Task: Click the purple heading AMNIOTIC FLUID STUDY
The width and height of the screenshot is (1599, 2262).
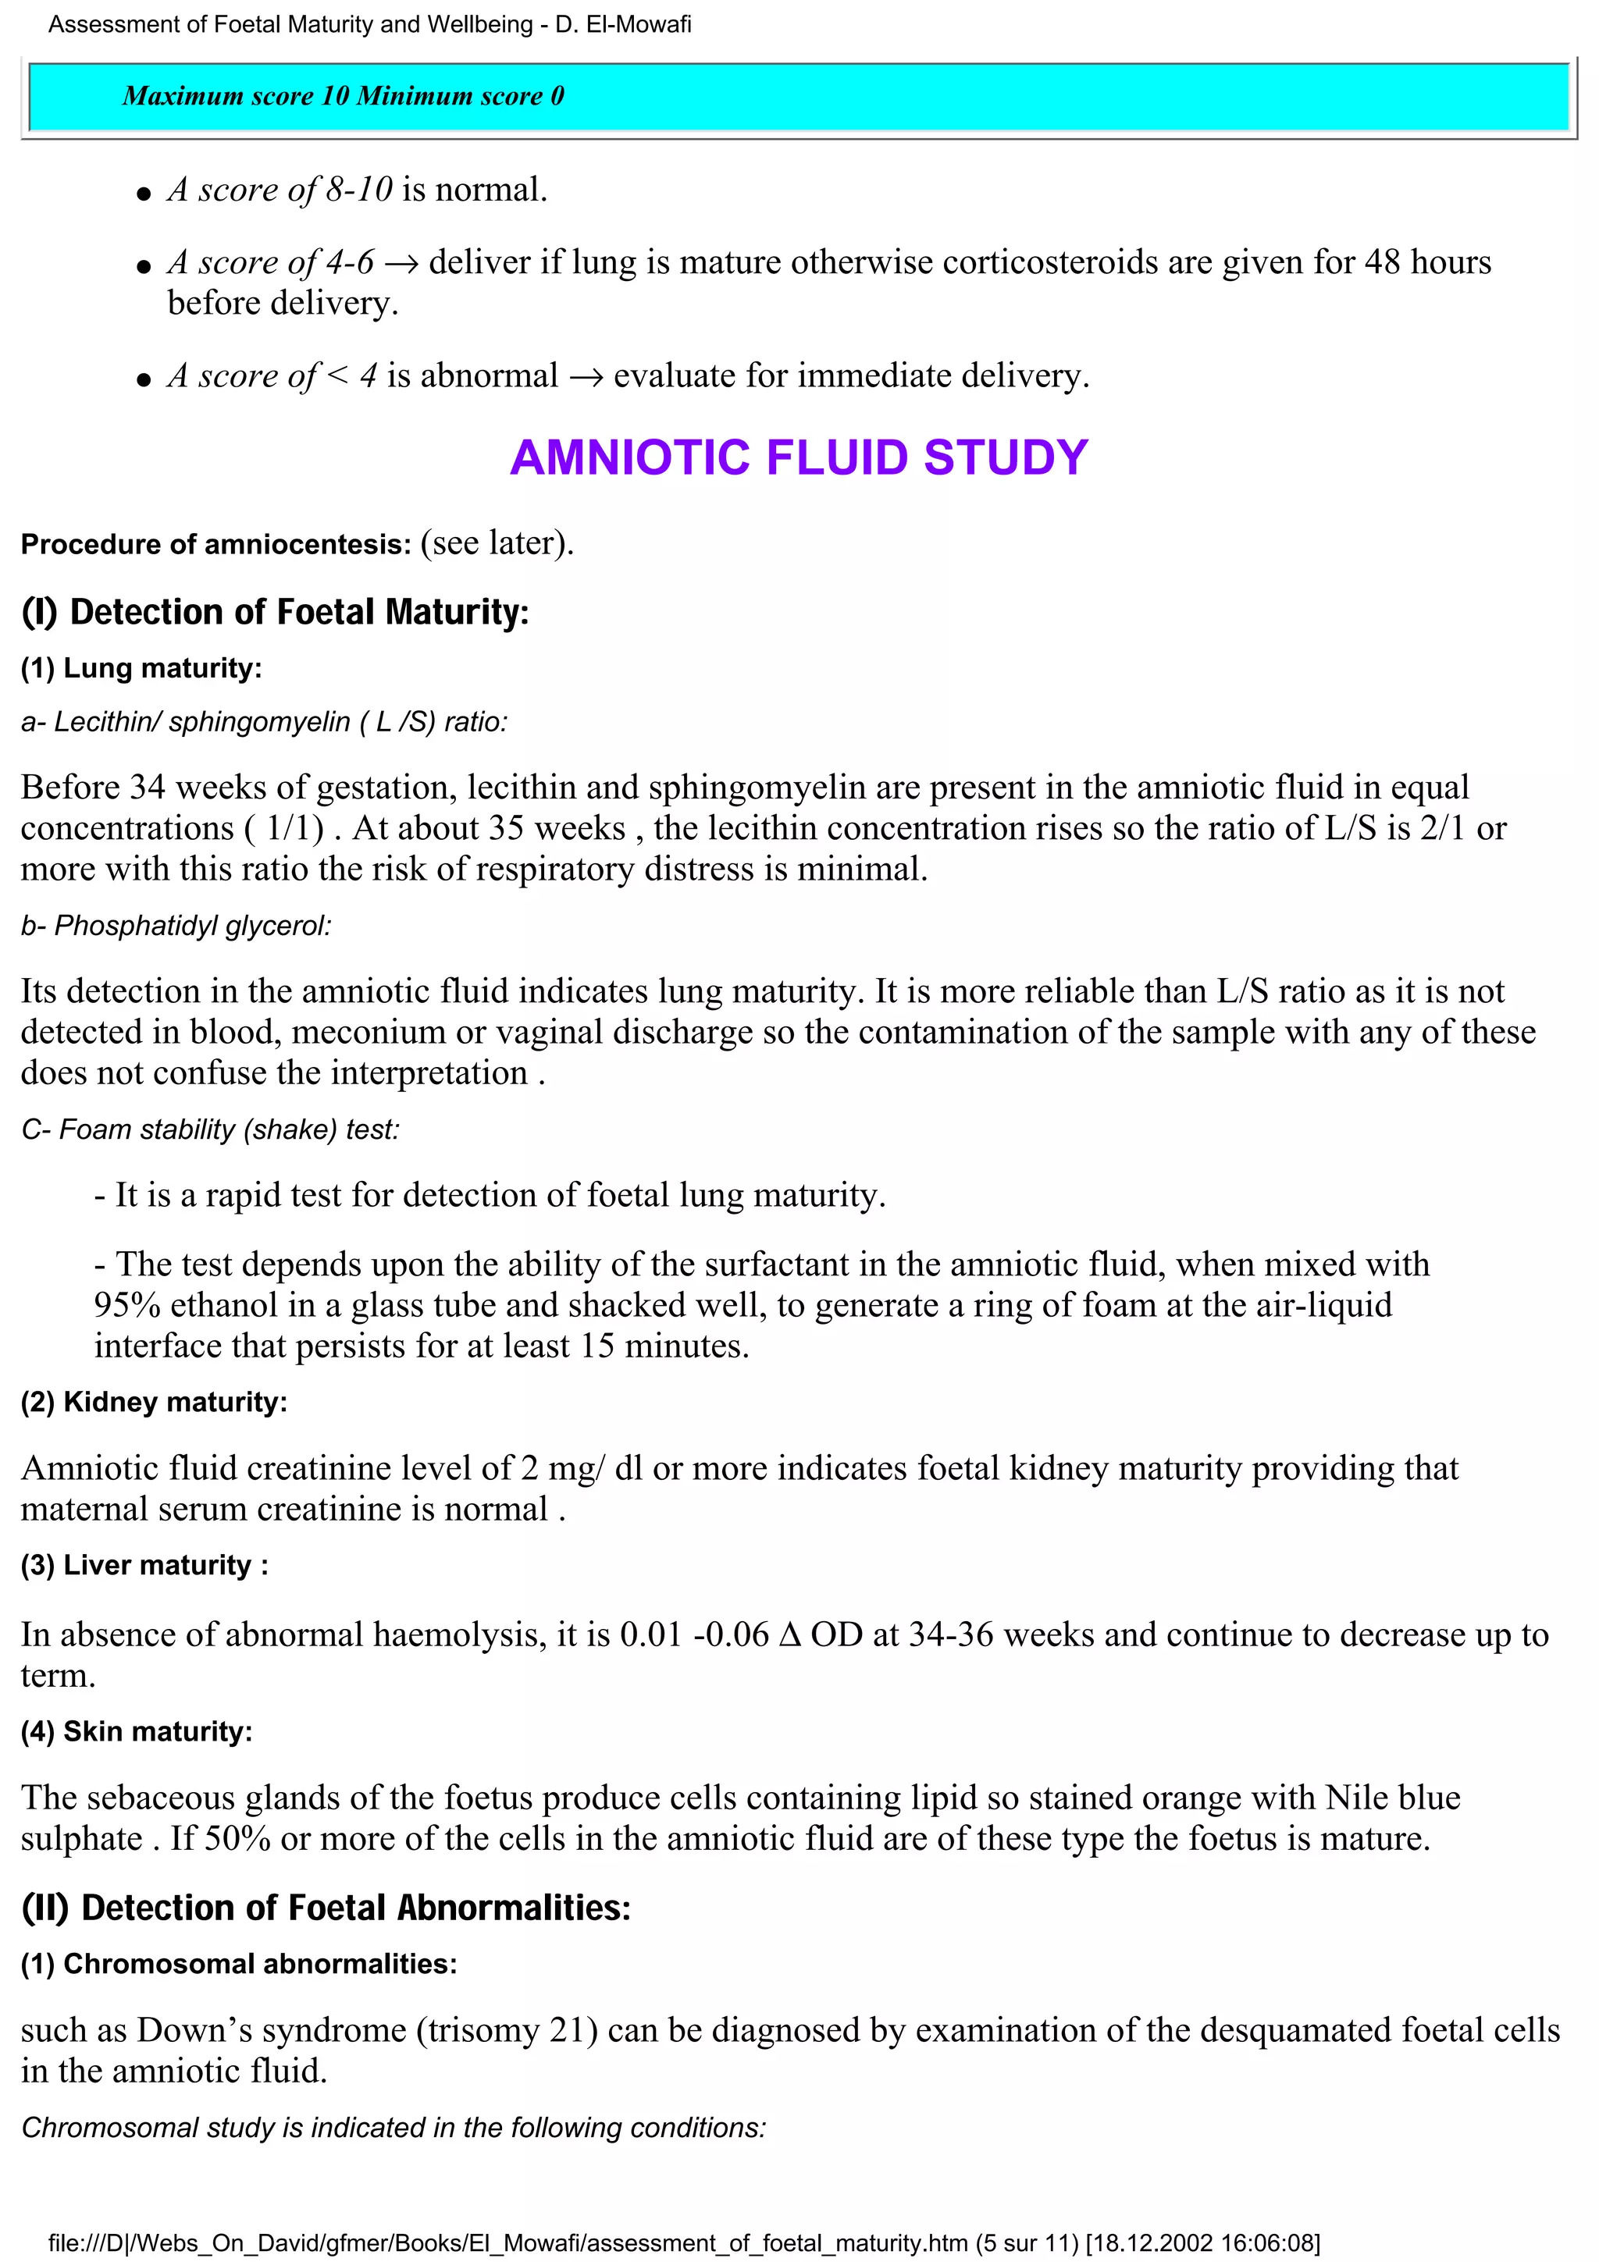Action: [798, 458]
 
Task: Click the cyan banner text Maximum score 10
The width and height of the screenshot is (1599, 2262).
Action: [237, 95]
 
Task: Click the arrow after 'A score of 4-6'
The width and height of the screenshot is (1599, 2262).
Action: [401, 264]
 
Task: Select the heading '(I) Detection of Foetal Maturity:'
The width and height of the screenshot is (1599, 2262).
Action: [275, 612]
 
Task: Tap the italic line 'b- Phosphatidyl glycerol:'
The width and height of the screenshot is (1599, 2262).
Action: [176, 926]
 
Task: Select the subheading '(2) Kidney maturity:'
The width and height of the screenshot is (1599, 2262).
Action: [155, 1402]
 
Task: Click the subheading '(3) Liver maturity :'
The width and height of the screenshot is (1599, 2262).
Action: [144, 1566]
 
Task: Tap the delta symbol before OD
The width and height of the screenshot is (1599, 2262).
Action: [789, 1635]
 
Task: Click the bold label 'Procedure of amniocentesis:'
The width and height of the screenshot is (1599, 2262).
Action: [215, 545]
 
